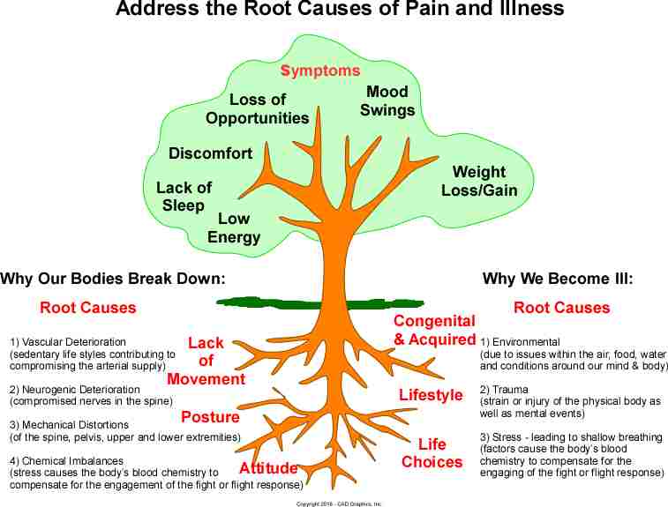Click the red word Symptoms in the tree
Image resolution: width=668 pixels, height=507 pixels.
tap(320, 71)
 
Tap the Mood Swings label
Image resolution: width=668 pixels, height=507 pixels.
tap(387, 101)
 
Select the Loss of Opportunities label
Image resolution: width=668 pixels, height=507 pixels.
tap(258, 108)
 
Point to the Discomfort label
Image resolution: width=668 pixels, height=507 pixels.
tap(210, 153)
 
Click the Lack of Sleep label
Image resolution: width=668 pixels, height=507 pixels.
tap(184, 197)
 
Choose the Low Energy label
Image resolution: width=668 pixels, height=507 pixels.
tap(234, 227)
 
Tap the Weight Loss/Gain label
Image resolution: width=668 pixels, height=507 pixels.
tap(479, 181)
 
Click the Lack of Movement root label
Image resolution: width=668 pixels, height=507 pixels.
tap(206, 361)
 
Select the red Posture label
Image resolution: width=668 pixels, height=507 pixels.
tap(210, 417)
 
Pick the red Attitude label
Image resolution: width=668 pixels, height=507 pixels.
tap(268, 468)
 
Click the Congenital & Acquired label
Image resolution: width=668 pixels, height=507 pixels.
tap(434, 330)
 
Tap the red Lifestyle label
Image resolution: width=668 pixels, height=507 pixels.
tap(431, 395)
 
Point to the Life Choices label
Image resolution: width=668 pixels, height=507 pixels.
tap(432, 452)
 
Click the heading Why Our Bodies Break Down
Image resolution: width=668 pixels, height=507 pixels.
tap(113, 280)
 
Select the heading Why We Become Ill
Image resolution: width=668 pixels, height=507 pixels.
tap(558, 280)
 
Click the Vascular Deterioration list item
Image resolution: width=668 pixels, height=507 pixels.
tap(69, 341)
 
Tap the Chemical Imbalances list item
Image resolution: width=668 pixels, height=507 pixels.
tap(67, 460)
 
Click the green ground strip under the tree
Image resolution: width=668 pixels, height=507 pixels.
tap(265, 302)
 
